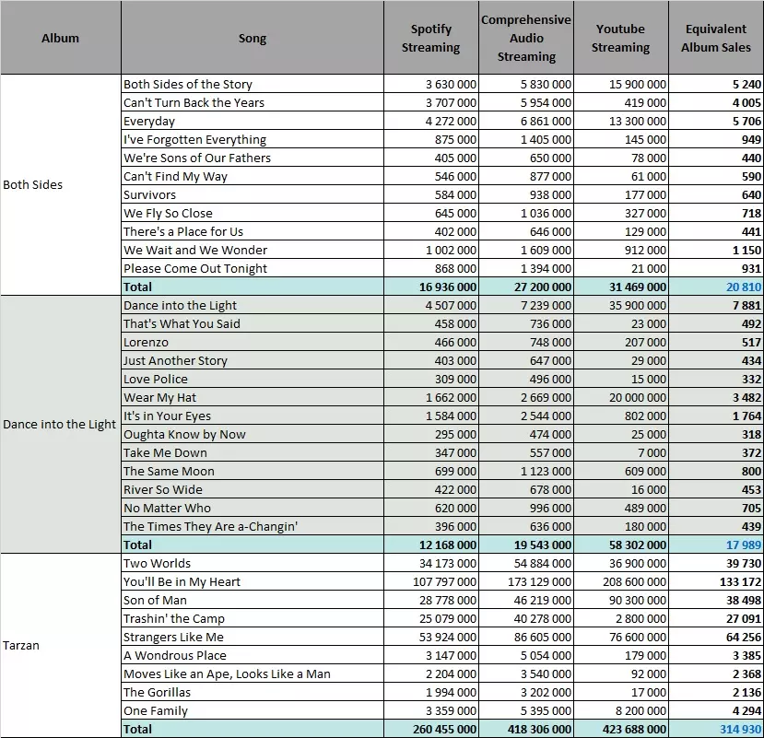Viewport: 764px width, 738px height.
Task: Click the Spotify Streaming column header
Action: pos(430,38)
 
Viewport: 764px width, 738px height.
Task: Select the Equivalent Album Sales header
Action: pos(716,38)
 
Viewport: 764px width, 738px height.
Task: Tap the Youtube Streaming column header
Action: pos(620,38)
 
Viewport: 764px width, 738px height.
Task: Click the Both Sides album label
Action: pos(32,184)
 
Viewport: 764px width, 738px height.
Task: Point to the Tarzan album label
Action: pos(21,646)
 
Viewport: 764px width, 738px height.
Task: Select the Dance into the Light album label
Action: pos(60,425)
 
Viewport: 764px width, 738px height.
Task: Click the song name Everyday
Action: pos(149,122)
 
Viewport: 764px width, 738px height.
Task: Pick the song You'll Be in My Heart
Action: pos(182,581)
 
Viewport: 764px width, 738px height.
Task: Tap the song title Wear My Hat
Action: pos(159,397)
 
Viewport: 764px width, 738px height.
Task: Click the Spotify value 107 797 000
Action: pos(444,581)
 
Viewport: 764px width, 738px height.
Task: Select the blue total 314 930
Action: pos(741,729)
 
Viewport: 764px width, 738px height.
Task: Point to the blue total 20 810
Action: pos(744,287)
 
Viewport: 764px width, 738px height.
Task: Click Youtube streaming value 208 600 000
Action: pos(634,581)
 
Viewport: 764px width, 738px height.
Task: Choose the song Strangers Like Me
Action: pos(173,638)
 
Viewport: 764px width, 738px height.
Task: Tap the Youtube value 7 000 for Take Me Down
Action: pos(650,453)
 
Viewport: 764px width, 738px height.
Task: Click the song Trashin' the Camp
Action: pos(174,618)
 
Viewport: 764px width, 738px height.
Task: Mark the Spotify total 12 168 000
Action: pos(448,545)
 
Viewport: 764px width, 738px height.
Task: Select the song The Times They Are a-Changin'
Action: pos(210,527)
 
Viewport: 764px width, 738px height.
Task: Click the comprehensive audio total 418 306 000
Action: pos(539,729)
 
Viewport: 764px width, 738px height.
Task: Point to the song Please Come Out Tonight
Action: pos(195,269)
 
